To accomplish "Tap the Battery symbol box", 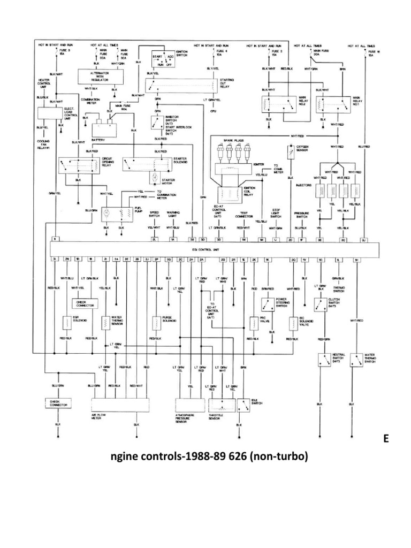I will pos(107,129).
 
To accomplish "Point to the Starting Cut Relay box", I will pos(181,84).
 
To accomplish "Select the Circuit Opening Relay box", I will pos(79,166).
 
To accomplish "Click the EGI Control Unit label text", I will pos(214,249).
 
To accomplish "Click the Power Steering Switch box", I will pos(267,305).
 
